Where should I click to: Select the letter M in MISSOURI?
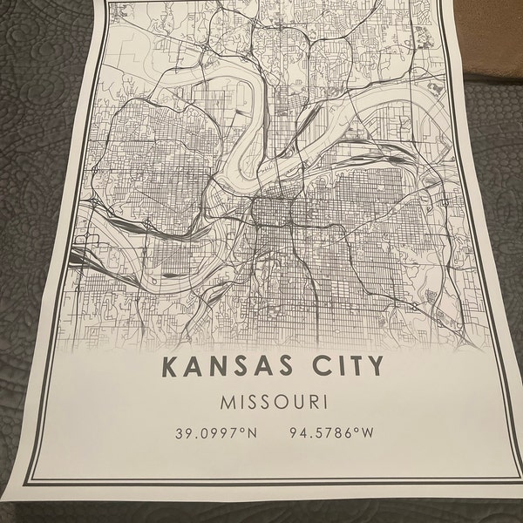(228, 404)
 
